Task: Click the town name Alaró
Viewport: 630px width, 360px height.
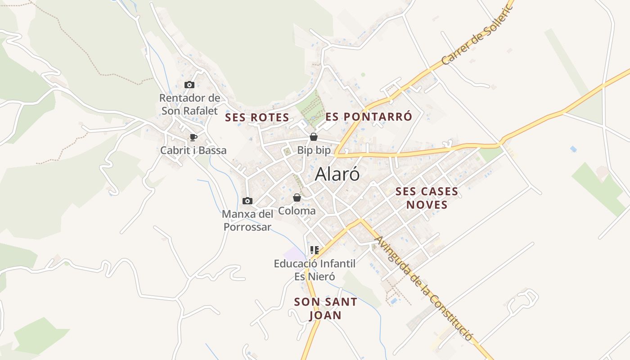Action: [x=337, y=175]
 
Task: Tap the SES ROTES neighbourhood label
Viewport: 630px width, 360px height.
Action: [x=257, y=118]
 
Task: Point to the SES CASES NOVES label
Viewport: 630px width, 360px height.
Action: [x=427, y=198]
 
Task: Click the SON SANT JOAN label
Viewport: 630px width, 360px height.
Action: [x=325, y=309]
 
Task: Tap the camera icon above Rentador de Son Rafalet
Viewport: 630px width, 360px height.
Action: [x=189, y=85]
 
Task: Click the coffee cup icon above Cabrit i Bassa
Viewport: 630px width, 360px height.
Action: [x=193, y=137]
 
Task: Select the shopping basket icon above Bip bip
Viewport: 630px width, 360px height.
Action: [x=314, y=137]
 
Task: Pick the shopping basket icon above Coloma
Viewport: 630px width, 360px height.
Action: [x=297, y=198]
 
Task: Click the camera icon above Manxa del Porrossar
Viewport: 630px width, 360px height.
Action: [x=247, y=201]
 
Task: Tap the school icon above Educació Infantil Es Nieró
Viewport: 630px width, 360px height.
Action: [x=315, y=250]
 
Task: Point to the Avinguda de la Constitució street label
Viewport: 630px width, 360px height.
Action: [x=423, y=288]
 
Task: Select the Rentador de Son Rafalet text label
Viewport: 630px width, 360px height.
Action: [x=189, y=104]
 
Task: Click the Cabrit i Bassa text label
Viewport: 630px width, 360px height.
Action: [x=193, y=150]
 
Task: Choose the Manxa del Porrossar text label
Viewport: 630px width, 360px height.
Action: [x=247, y=220]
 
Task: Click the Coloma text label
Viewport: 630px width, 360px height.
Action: [x=297, y=211]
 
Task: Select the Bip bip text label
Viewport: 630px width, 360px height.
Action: [x=314, y=150]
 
